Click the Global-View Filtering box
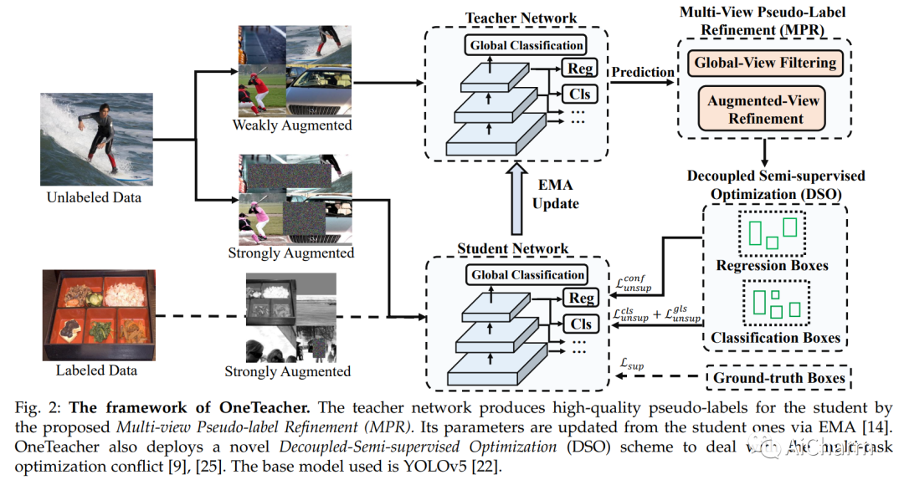point(764,62)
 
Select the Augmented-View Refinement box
point(764,110)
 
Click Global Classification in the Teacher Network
point(527,45)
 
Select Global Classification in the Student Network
point(527,274)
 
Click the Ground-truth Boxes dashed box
point(778,378)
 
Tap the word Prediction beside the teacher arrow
point(642,72)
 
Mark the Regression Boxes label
point(773,266)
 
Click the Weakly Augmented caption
point(292,125)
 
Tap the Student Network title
point(513,248)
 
